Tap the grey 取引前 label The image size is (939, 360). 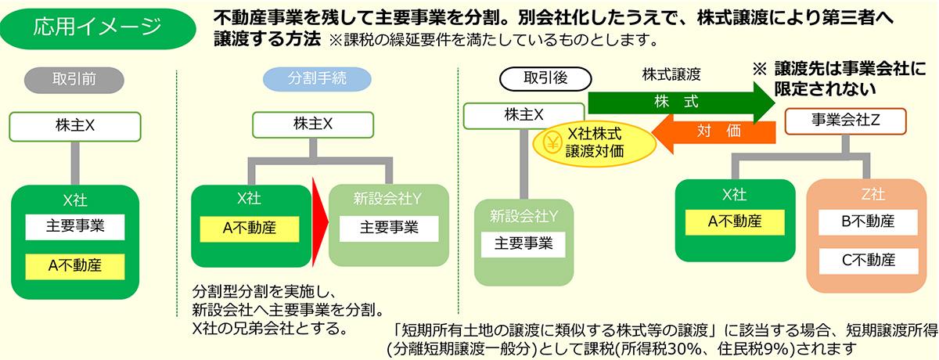tap(74, 79)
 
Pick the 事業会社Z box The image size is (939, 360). tap(845, 121)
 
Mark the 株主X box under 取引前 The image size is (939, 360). tap(74, 126)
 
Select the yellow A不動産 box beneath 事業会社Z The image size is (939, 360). tap(734, 221)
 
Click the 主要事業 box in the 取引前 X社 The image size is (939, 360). tap(74, 227)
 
